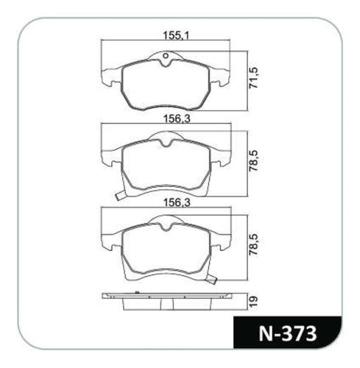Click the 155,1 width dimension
coord(177,36)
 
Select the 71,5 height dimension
coord(254,78)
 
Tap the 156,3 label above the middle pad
coord(177,119)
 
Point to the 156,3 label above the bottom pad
coord(177,203)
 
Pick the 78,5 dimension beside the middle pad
coord(254,161)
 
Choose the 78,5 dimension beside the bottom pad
coord(254,245)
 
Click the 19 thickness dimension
coord(254,301)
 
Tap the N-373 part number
coord(288,333)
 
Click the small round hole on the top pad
coord(166,56)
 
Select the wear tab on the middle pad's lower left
coord(120,196)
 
